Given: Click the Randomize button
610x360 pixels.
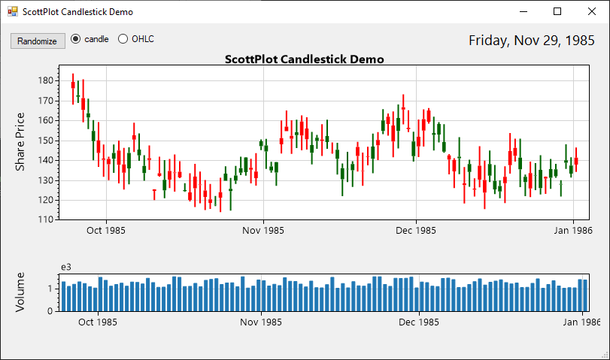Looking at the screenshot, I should pos(37,41).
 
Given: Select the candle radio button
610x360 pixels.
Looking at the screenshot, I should pos(76,39).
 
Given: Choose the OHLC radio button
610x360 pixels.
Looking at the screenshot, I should pos(123,39).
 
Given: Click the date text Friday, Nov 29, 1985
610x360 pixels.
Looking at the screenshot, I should pos(531,41).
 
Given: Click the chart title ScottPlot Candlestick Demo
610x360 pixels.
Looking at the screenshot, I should pos(305,59).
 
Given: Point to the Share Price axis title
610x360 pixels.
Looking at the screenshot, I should pos(20,141).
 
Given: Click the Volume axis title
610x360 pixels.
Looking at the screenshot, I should pos(20,292).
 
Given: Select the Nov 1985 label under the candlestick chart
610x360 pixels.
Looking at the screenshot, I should pos(263,231).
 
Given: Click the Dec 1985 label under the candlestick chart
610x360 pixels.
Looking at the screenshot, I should pos(416,231).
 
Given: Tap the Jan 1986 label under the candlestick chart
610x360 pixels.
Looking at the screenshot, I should pos(573,231).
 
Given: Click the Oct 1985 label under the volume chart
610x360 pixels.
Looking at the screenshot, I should pos(97,322).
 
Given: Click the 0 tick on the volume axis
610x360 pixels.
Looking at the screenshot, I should pos(50,310).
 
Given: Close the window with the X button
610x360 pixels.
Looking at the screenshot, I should pos(592,11).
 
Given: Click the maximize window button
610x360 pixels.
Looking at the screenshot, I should pos(557,11).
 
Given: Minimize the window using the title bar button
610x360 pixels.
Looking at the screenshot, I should pos(523,11).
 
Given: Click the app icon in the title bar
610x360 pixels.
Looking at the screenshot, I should pos(12,12).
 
